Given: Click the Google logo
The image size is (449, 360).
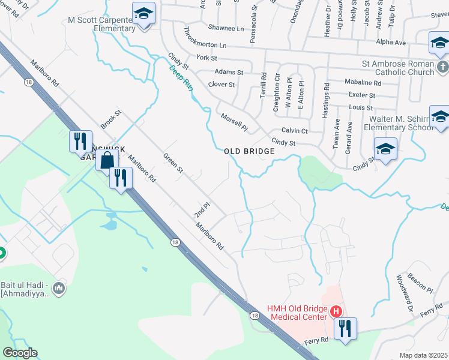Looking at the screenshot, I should pyautogui.click(x=20, y=353).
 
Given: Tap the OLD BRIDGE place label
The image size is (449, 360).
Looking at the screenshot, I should pyautogui.click(x=249, y=152).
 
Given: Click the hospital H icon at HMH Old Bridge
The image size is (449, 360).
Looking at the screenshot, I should pyautogui.click(x=336, y=311).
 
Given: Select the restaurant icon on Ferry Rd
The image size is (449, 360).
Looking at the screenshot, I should pyautogui.click(x=345, y=328).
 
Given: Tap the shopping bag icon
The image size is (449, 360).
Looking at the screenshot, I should pyautogui.click(x=106, y=160).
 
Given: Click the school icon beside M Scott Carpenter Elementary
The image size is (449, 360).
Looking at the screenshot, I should pyautogui.click(x=143, y=13).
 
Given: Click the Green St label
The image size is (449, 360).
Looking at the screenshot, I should pyautogui.click(x=173, y=163).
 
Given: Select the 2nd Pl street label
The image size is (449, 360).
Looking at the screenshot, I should pyautogui.click(x=201, y=210).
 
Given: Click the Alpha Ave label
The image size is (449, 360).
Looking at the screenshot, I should pyautogui.click(x=391, y=43).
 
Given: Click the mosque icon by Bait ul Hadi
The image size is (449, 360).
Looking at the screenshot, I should pyautogui.click(x=58, y=290).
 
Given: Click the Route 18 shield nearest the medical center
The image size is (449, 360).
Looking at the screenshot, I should pyautogui.click(x=255, y=316).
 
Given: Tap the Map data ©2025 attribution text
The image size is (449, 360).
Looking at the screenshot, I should pyautogui.click(x=423, y=355).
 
